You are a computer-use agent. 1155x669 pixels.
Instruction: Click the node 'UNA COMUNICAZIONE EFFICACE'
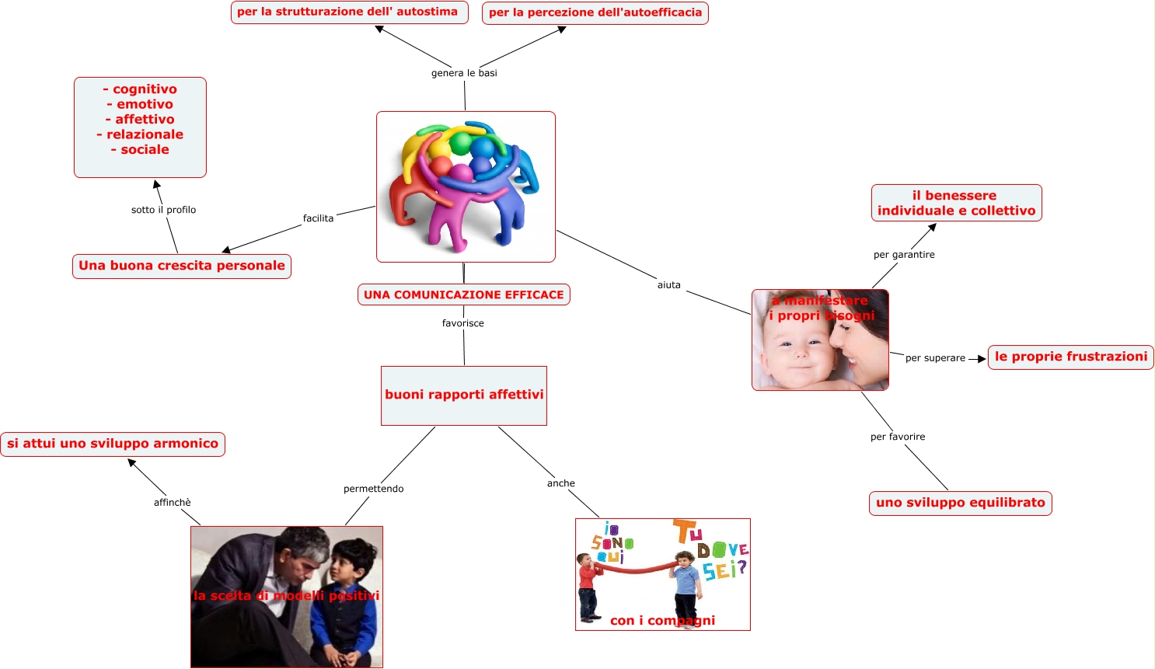pyautogui.click(x=464, y=294)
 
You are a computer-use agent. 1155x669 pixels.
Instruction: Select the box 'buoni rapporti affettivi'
pyautogui.click(x=464, y=395)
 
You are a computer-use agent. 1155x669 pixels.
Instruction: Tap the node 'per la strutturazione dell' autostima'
pyautogui.click(x=349, y=12)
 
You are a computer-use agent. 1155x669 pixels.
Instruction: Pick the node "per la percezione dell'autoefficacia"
pyautogui.click(x=595, y=13)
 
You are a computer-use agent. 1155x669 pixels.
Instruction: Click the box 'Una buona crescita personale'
pyautogui.click(x=182, y=266)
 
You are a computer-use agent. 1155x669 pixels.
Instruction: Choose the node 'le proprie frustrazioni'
pyautogui.click(x=1070, y=357)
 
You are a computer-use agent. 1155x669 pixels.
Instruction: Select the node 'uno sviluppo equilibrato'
pyautogui.click(x=960, y=503)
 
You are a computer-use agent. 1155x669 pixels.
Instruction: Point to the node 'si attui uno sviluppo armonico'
pyautogui.click(x=113, y=444)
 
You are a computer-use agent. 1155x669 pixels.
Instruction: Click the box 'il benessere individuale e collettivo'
pyautogui.click(x=956, y=203)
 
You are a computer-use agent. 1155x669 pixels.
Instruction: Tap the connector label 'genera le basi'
pyautogui.click(x=464, y=73)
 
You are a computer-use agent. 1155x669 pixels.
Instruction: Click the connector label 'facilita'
pyautogui.click(x=318, y=218)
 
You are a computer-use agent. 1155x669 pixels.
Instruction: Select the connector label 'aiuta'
pyautogui.click(x=668, y=285)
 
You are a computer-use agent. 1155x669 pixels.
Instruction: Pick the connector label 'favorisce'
pyautogui.click(x=462, y=323)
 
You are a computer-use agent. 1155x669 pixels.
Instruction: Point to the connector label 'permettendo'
pyautogui.click(x=373, y=489)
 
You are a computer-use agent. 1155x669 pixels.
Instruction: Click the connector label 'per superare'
pyautogui.click(x=935, y=358)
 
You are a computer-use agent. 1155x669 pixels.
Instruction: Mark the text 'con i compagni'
pyautogui.click(x=662, y=620)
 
